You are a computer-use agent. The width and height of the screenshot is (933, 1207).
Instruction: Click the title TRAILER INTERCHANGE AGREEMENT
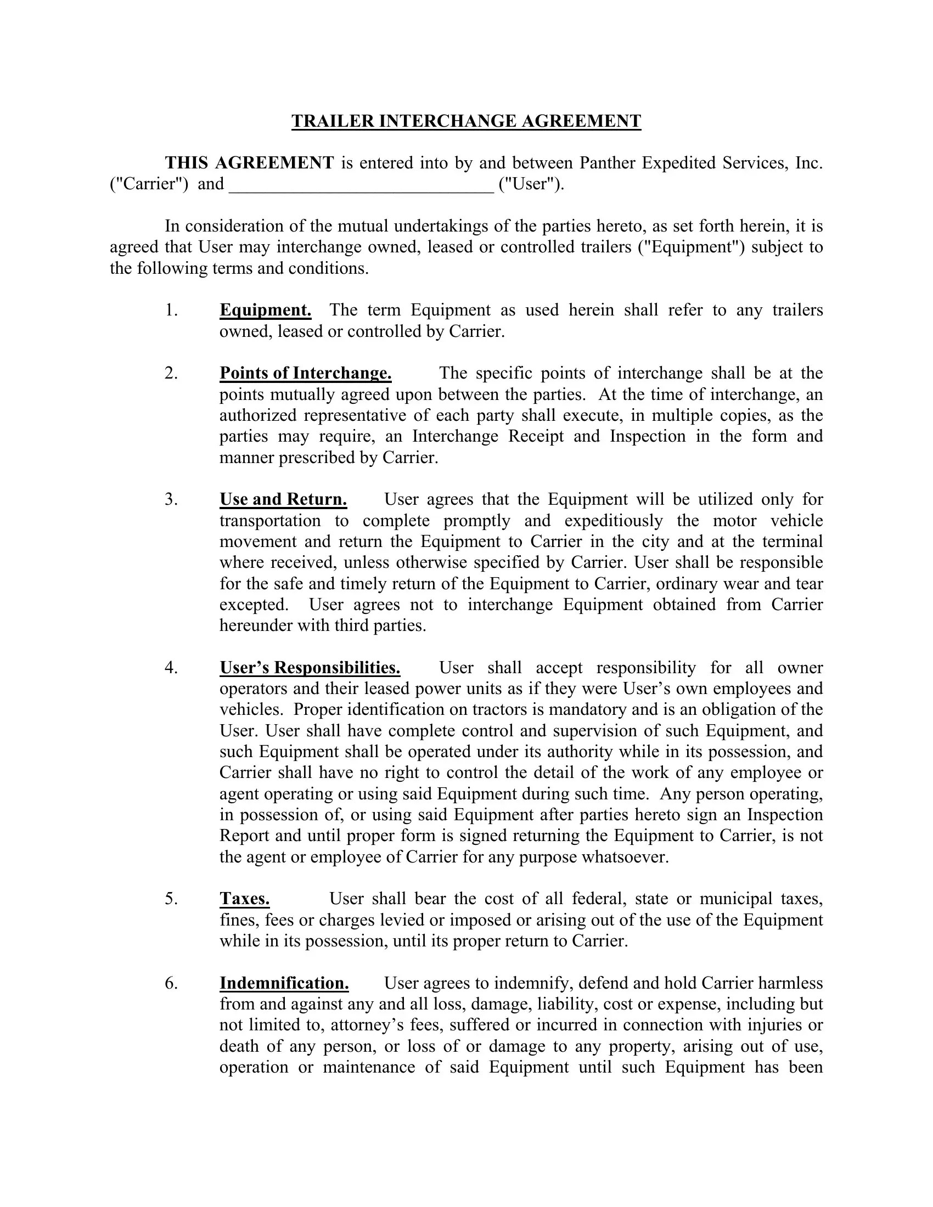point(466,121)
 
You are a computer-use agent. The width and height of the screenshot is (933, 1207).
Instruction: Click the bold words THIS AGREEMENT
point(249,163)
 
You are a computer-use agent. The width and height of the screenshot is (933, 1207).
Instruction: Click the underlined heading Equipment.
point(265,310)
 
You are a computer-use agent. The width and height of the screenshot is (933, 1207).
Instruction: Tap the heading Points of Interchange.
point(305,373)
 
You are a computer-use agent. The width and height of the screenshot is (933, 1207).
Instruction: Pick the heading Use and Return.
point(283,500)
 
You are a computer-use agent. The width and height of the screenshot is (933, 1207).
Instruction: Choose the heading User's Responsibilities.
point(310,668)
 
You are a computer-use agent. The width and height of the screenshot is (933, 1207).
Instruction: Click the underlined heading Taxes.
point(244,899)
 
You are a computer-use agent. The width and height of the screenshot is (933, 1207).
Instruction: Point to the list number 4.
point(171,668)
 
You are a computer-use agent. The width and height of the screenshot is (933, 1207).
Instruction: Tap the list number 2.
point(171,373)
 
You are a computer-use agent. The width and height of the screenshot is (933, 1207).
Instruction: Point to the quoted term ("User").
point(531,184)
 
